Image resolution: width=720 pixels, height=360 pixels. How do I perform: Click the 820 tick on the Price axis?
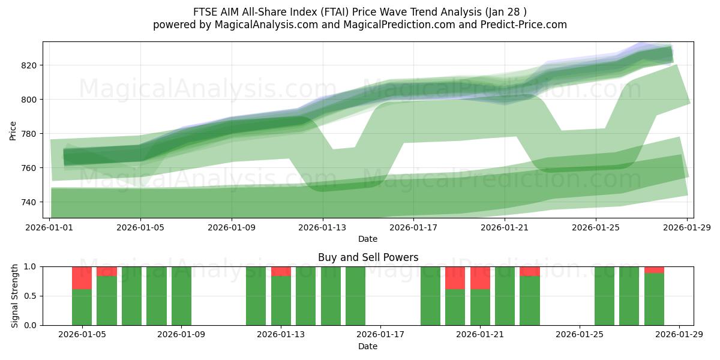tap(31, 65)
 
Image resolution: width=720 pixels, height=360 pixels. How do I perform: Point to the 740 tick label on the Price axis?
tap(31, 202)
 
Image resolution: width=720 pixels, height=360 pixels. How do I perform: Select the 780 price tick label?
tap(31, 134)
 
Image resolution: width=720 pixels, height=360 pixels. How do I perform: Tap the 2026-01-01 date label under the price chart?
tap(50, 227)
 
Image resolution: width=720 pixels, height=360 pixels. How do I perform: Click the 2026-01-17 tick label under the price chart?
tap(413, 227)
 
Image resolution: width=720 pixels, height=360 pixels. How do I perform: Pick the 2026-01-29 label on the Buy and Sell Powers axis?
tap(679, 335)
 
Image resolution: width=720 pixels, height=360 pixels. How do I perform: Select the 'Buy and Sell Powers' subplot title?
tap(368, 257)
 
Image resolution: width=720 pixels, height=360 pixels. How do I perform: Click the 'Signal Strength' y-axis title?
tap(15, 296)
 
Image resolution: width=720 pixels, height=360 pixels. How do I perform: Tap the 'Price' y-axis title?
tap(13, 130)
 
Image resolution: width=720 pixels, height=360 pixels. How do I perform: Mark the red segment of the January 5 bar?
tap(82, 278)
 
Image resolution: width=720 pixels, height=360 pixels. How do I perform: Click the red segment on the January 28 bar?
tap(654, 269)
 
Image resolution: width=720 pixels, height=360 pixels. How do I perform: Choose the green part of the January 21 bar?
tap(480, 307)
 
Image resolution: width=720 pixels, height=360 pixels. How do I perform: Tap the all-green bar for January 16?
tap(355, 296)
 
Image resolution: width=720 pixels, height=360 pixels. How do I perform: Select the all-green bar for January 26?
tap(604, 296)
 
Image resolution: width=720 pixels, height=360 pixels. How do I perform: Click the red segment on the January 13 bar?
tap(281, 271)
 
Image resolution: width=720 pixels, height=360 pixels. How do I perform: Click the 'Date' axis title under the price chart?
tap(368, 239)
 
